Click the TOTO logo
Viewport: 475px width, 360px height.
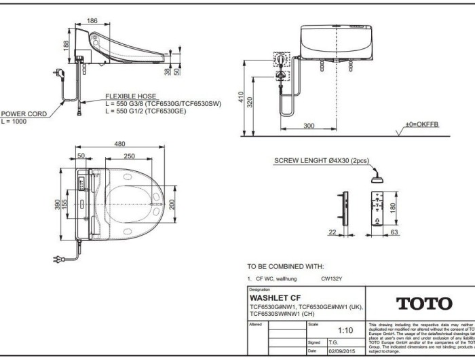[x=423, y=304]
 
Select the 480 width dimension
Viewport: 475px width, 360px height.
[x=119, y=143]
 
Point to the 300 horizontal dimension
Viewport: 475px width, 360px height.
[x=309, y=126]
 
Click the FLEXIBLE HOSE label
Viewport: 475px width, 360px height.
[x=130, y=96]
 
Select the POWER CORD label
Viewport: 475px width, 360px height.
[x=24, y=114]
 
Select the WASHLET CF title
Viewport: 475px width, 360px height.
[x=275, y=298]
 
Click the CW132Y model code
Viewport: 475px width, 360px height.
[x=332, y=278]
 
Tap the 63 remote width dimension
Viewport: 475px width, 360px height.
[x=393, y=233]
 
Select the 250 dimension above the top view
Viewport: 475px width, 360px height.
[x=130, y=156]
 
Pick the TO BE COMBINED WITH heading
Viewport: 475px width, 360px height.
[x=285, y=266]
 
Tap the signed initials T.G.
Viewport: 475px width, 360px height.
[x=333, y=342]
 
